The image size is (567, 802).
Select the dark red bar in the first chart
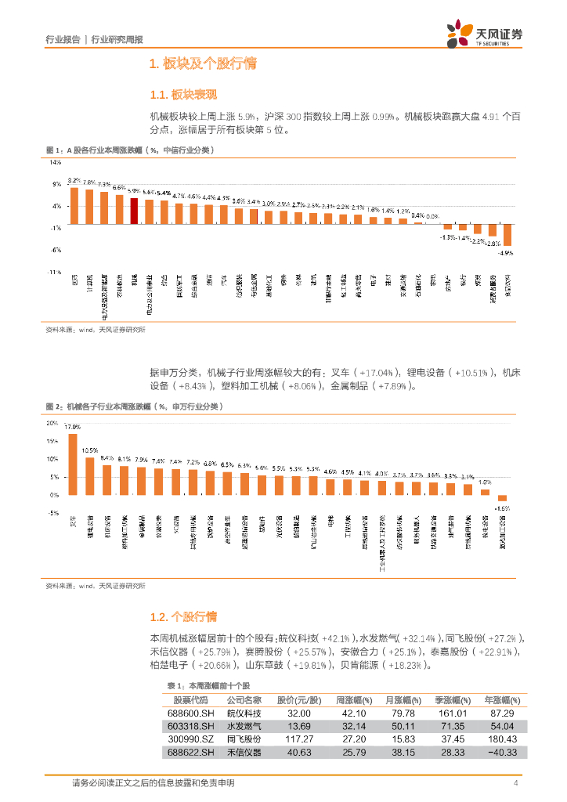[134, 211]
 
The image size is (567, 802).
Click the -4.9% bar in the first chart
[507, 235]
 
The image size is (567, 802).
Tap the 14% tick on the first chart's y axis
[56, 163]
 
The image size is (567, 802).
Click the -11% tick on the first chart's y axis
[56, 272]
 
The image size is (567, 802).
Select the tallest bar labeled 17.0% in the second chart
[73, 464]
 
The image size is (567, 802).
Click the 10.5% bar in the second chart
[90, 476]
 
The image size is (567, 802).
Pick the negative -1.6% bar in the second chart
[503, 498]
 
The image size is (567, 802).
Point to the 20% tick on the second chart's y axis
[52, 423]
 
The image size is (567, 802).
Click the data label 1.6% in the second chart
[486, 482]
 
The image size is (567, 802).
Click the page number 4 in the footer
[515, 783]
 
